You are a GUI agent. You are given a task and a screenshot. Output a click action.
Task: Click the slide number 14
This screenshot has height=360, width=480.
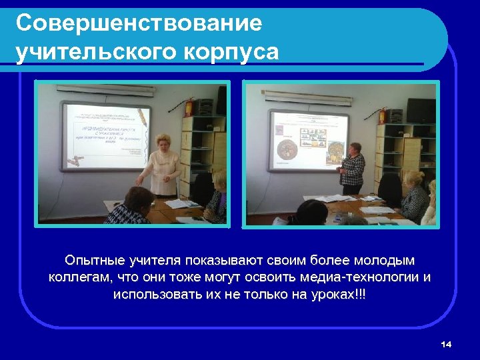pyautogui.click(x=446, y=344)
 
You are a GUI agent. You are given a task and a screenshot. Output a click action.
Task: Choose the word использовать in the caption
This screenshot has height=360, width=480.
pyautogui.click(x=154, y=294)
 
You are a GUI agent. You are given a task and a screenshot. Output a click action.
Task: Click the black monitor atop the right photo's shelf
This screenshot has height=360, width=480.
pyautogui.click(x=421, y=110)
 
